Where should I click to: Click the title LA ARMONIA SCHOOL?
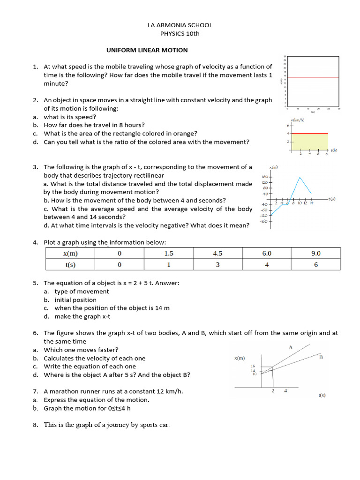click(180, 25)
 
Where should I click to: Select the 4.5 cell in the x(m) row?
click(217, 253)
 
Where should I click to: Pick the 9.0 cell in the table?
click(316, 253)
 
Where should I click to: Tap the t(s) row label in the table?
click(70, 264)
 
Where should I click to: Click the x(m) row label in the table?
click(70, 253)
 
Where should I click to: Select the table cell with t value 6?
click(316, 264)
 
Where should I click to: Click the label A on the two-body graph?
click(291, 347)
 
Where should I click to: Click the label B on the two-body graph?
click(321, 357)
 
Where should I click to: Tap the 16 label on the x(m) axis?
click(253, 366)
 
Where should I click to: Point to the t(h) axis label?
click(334, 150)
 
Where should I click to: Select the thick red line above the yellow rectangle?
click(310, 134)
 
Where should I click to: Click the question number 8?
click(35, 425)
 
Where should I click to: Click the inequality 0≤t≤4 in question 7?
click(119, 408)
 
